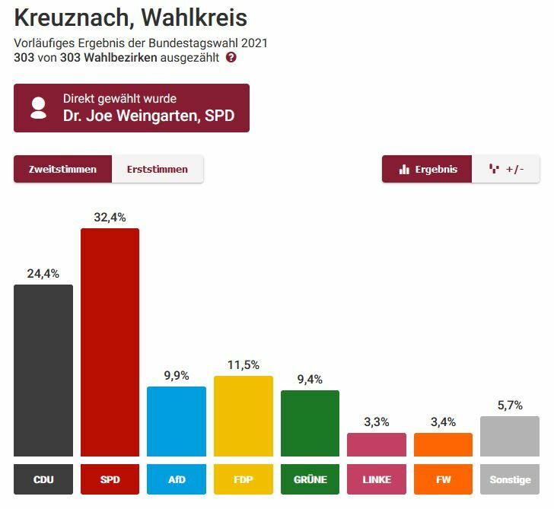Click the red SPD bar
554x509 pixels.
coord(110,342)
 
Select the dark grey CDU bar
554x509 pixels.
coord(43,370)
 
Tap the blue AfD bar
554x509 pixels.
coord(176,421)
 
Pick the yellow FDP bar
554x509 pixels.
coord(243,415)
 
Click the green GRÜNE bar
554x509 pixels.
coord(310,423)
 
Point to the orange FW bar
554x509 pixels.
coord(443,444)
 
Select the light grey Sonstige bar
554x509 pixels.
coord(509,436)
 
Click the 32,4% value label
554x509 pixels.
coord(110,217)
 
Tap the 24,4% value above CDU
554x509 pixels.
coord(43,273)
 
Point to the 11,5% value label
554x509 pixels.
coord(243,364)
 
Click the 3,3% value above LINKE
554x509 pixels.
coord(376,422)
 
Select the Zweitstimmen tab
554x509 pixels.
coord(62,169)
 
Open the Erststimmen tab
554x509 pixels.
coord(158,169)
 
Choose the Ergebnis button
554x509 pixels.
coord(428,169)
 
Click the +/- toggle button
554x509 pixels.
coord(506,169)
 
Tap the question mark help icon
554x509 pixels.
coord(231,57)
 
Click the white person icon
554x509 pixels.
coord(38,107)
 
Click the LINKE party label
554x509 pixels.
coord(376,479)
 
